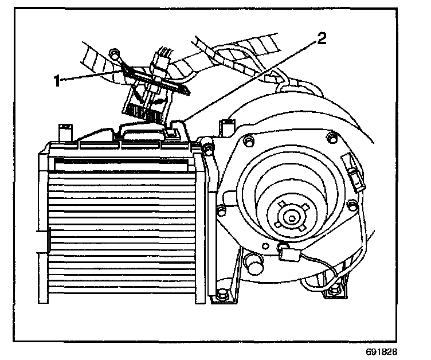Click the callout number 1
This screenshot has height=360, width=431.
click(57, 81)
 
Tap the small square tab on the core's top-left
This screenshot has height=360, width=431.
click(65, 132)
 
